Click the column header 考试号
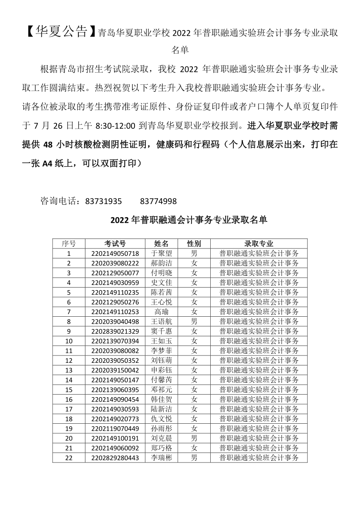(115, 244)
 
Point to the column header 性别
(194, 244)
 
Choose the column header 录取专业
(259, 244)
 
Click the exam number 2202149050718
(115, 253)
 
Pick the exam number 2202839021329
(115, 332)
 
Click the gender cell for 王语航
(194, 321)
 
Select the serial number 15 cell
(69, 390)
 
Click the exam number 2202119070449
(115, 429)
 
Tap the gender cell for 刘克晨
(194, 438)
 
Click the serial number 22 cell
(69, 458)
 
